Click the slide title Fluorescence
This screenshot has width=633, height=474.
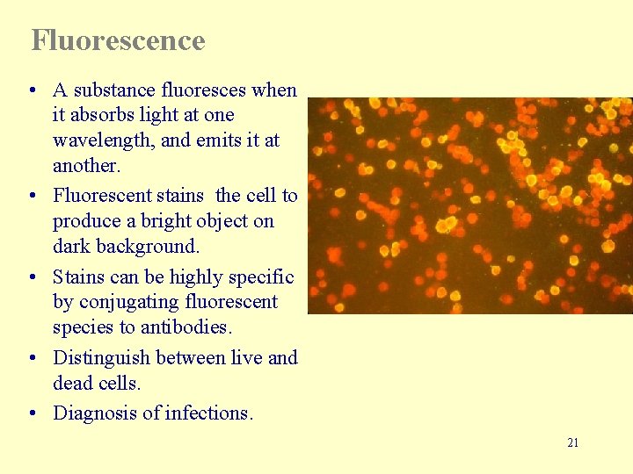tap(118, 40)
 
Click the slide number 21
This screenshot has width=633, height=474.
tap(572, 442)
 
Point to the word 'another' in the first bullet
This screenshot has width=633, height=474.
tap(84, 166)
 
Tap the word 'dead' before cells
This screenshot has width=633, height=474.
tap(71, 384)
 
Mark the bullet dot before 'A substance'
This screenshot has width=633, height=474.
tap(32, 90)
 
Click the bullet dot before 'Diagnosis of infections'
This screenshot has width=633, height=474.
tap(32, 413)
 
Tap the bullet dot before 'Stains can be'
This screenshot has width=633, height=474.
tap(32, 277)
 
